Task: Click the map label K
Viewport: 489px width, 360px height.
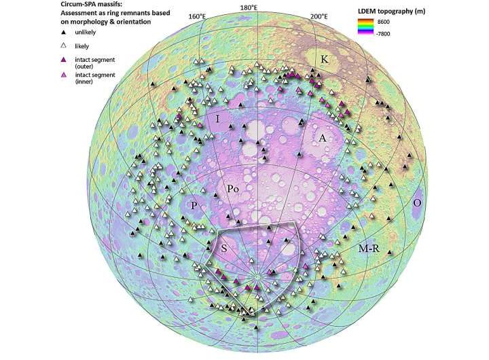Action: tap(325, 60)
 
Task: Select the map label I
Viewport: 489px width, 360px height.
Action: tap(217, 120)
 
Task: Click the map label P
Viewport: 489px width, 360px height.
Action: tap(194, 206)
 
